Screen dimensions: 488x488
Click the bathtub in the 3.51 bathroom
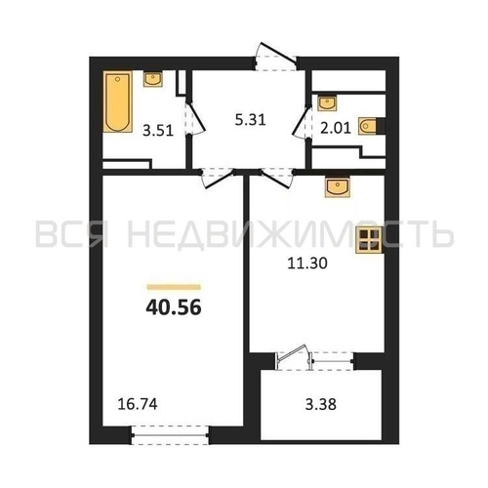click(118, 102)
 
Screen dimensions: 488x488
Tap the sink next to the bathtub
click(152, 79)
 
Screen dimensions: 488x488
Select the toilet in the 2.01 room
click(370, 126)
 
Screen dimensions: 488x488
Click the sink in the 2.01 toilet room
click(327, 103)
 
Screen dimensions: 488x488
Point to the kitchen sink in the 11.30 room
click(338, 187)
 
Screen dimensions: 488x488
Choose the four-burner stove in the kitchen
click(369, 240)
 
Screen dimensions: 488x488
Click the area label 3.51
click(158, 131)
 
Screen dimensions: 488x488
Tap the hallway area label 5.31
click(250, 120)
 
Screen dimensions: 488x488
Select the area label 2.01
click(336, 128)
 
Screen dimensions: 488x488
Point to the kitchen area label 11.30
click(307, 264)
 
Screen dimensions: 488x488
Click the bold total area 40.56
click(174, 307)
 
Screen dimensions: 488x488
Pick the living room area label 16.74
click(138, 404)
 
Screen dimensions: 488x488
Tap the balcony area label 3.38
click(320, 405)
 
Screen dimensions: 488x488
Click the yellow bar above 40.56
click(174, 287)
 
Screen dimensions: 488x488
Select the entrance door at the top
click(276, 56)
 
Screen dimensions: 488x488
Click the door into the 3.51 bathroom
click(196, 119)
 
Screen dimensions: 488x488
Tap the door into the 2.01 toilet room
click(301, 123)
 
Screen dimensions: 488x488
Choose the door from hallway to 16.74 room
click(218, 178)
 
